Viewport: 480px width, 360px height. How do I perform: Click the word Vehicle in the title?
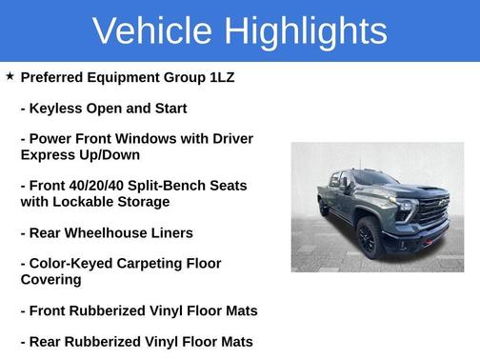[152, 30]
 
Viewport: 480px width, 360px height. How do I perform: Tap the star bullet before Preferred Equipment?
[10, 76]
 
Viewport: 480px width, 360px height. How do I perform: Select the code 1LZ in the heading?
[216, 77]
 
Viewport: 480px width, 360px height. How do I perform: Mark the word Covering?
[50, 279]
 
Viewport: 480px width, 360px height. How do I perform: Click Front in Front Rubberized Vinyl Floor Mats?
[50, 310]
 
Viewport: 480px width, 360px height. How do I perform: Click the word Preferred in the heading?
[56, 77]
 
